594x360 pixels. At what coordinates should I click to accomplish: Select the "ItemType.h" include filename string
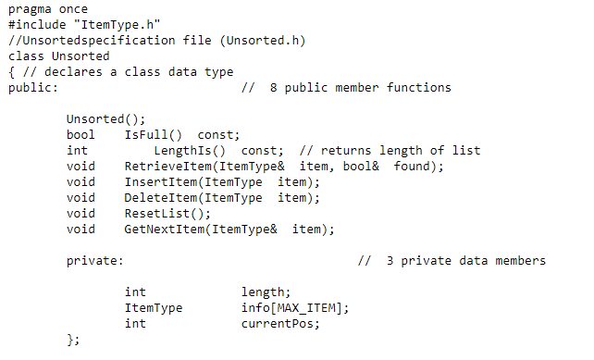point(103,24)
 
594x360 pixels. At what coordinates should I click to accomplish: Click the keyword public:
point(32,88)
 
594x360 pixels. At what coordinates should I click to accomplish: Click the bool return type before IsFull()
point(80,134)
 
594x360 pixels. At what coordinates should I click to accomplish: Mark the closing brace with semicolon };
point(73,341)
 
